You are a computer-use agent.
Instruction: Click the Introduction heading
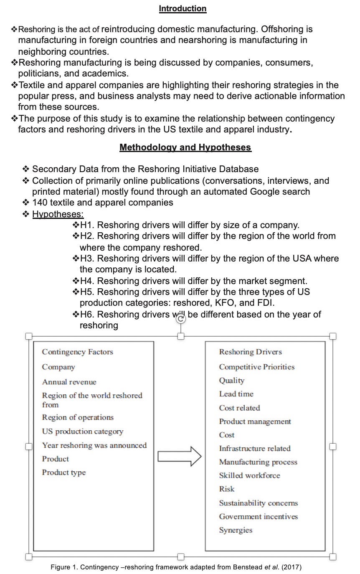pos(183,8)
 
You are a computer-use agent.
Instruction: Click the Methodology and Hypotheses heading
pos(185,147)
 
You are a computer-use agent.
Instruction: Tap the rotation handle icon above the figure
pos(181,320)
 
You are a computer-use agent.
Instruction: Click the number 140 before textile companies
pos(40,203)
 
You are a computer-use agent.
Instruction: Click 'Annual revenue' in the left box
pos(69,382)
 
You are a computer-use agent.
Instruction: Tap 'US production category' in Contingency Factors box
pos(83,432)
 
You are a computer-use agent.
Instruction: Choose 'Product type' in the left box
pos(64,472)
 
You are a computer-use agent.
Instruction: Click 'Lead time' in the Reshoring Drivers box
pos(236,394)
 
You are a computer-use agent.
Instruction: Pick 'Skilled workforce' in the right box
pos(249,475)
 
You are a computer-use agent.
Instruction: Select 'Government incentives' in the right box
pos(259,516)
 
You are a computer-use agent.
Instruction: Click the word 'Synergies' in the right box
pos(236,530)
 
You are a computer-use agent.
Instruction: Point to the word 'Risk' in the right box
pos(227,489)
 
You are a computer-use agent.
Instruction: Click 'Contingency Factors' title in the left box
pos(77,352)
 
